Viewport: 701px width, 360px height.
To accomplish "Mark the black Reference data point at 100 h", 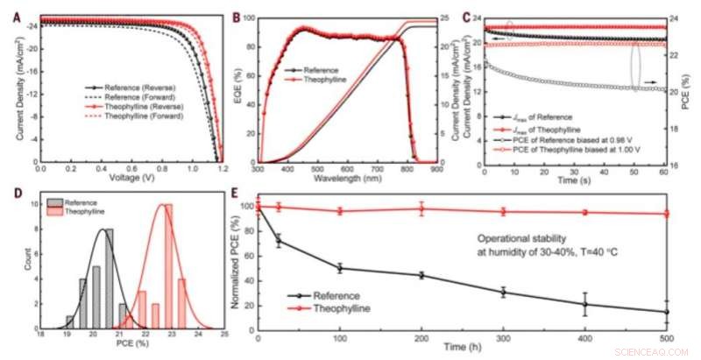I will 339,268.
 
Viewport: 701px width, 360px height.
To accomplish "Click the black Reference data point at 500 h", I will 668,312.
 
